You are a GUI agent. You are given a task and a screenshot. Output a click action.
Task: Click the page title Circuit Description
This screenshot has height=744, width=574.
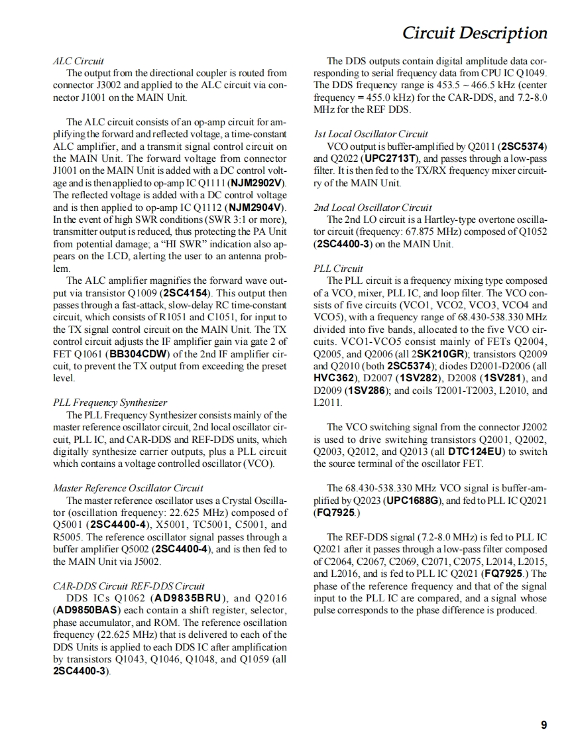475,33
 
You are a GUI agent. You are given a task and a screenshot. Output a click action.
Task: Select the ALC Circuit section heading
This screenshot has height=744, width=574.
78,61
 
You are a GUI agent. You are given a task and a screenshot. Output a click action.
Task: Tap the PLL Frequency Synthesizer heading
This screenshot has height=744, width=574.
110,402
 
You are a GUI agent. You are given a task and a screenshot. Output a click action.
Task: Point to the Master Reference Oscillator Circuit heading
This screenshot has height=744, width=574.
128,488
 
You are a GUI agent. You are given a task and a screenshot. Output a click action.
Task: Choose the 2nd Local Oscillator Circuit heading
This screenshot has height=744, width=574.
373,208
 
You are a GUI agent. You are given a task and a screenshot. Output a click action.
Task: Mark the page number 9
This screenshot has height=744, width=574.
544,725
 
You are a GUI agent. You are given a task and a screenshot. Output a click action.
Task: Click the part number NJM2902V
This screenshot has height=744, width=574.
257,183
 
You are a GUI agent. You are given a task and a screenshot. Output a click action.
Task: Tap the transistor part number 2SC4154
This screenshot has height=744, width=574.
186,293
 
